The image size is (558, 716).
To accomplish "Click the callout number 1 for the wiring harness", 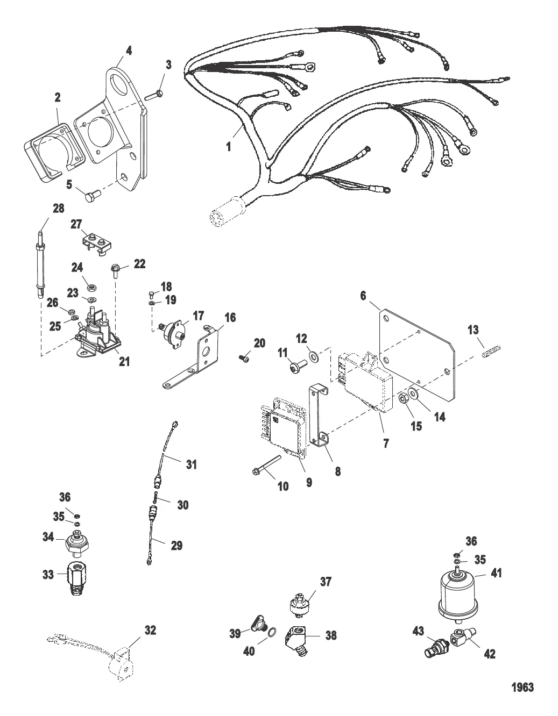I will point(229,146).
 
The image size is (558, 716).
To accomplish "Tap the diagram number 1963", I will point(522,687).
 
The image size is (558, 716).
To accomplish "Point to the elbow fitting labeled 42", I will point(461,636).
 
